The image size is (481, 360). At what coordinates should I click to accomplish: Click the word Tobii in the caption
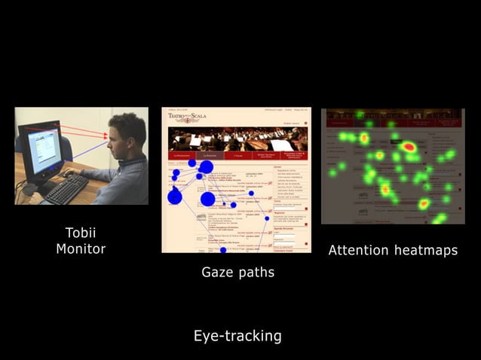[x=81, y=232]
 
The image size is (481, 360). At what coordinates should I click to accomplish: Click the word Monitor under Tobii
[x=81, y=249]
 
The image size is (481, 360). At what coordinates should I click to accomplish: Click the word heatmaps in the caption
[x=425, y=250]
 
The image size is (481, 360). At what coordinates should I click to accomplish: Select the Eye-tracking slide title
[x=237, y=336]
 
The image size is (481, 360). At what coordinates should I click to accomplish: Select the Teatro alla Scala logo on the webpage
[x=187, y=116]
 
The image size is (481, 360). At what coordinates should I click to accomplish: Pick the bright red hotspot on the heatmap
[x=409, y=147]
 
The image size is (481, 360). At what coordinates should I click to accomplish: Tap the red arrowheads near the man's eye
[x=106, y=136]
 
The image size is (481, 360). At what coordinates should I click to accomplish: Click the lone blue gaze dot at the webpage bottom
[x=223, y=249]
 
